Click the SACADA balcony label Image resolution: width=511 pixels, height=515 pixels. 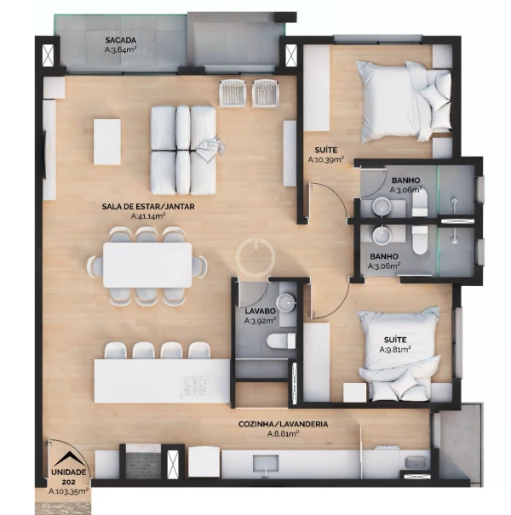[x=121, y=40]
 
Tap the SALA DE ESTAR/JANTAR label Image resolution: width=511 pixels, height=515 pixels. [x=148, y=207]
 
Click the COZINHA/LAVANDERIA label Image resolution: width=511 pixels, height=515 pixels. [x=283, y=424]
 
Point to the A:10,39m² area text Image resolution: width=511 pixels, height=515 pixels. [x=326, y=160]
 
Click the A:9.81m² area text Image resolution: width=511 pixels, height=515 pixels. [x=395, y=350]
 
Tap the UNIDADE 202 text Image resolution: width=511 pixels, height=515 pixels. [x=68, y=477]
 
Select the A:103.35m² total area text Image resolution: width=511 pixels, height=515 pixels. [x=68, y=491]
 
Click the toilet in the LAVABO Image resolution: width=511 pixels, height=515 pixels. [x=281, y=340]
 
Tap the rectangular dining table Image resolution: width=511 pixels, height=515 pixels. [x=147, y=265]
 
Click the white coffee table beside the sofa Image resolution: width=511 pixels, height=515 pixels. [x=107, y=142]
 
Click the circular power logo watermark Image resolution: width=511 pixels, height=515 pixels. [x=255, y=257]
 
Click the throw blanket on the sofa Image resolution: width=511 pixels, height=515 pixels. [x=210, y=150]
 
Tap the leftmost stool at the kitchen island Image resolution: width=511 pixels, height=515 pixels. [x=115, y=351]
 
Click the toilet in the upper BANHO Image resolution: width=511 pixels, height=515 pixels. [x=420, y=203]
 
